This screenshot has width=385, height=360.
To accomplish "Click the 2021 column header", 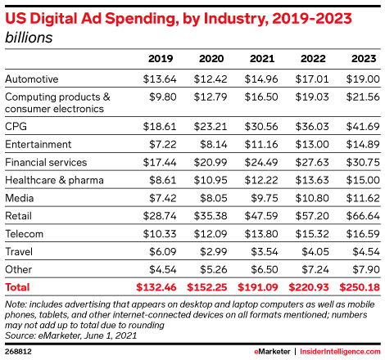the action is pyautogui.click(x=262, y=59).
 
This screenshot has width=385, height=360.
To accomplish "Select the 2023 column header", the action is pyautogui.click(x=364, y=59).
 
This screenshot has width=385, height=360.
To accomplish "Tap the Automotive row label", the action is pyautogui.click(x=32, y=79).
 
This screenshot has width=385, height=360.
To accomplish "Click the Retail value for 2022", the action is pyautogui.click(x=312, y=216).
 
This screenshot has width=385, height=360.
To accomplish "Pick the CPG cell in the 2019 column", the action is pyautogui.click(x=160, y=127).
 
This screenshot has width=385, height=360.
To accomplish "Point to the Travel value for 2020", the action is pyautogui.click(x=214, y=252).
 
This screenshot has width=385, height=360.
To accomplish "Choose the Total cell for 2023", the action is pyautogui.click(x=360, y=287).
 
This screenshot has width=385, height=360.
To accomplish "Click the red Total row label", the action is pyautogui.click(x=17, y=287).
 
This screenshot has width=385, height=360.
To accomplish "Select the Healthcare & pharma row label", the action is pyautogui.click(x=54, y=180).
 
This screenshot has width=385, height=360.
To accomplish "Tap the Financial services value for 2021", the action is pyautogui.click(x=261, y=163).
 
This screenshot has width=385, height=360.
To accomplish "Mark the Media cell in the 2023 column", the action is pyautogui.click(x=363, y=198).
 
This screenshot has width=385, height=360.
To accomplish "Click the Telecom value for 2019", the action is pyautogui.click(x=160, y=234).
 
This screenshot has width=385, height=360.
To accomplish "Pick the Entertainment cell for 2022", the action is pyautogui.click(x=312, y=145).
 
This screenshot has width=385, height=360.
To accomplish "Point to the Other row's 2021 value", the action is pyautogui.click(x=265, y=270).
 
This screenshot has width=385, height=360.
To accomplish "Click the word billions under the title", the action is pyautogui.click(x=29, y=38).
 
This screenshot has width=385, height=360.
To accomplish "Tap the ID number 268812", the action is pyautogui.click(x=18, y=351).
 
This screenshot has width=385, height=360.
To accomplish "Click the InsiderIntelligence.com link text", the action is pyautogui.click(x=340, y=352).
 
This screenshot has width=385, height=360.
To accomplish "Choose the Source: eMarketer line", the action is pyautogui.click(x=70, y=335).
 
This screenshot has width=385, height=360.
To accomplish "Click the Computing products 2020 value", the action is pyautogui.click(x=211, y=97).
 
